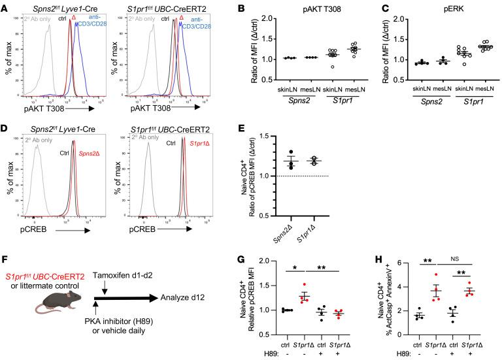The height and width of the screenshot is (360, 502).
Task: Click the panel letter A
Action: pyautogui.click(x=6, y=6)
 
